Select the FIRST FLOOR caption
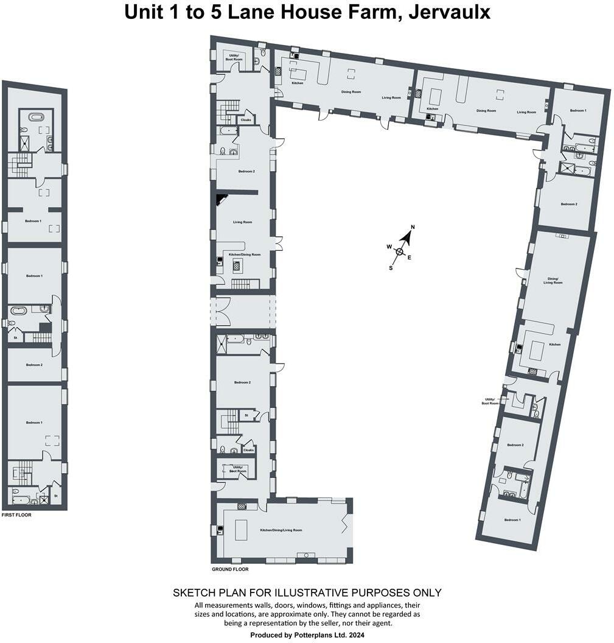coord(16,515)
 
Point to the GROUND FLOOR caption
coord(230,569)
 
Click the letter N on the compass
coord(412,227)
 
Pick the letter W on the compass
coord(388,247)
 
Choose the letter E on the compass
coord(409,258)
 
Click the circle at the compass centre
coord(399,251)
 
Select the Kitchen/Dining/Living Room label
coord(281,530)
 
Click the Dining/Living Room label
coord(553,280)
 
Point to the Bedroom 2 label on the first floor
coord(34,365)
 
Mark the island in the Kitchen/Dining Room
coord(237,265)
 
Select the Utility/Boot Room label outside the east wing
coord(490,401)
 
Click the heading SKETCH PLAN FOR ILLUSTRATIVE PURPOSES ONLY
coord(307,592)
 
